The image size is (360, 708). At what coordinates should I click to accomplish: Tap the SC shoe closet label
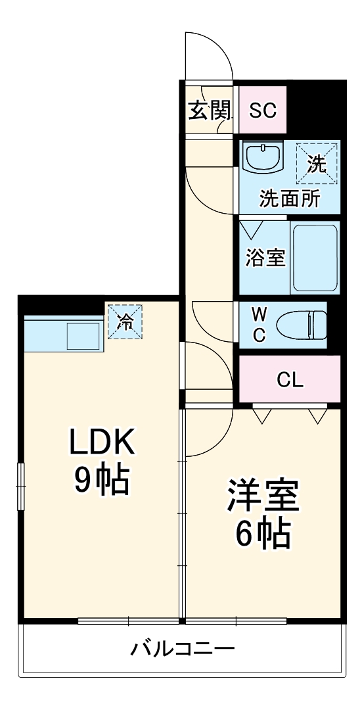[263, 110]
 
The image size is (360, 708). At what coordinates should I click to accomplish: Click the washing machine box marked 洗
[317, 164]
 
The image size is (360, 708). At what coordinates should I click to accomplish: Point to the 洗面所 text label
[290, 199]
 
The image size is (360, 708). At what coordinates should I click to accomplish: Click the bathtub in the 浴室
[315, 258]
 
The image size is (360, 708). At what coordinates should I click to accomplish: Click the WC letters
[259, 324]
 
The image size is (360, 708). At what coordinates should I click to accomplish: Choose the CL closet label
[289, 380]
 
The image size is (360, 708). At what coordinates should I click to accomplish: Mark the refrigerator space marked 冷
[125, 321]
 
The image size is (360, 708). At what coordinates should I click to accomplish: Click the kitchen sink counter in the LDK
[64, 334]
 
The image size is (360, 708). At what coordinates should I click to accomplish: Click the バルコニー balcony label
[182, 649]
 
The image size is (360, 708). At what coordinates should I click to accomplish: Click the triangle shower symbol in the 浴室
[250, 230]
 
